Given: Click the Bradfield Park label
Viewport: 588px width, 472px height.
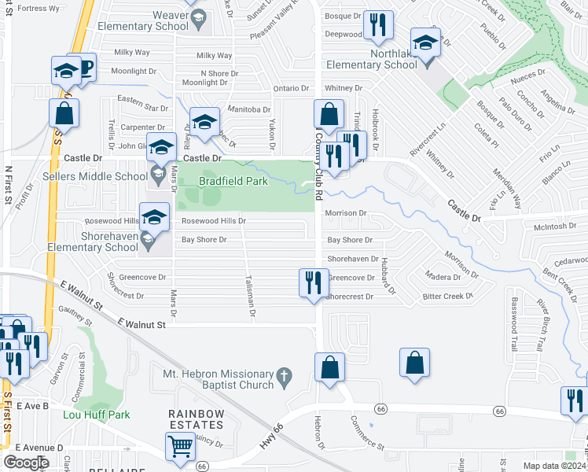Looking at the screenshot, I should [x=233, y=182].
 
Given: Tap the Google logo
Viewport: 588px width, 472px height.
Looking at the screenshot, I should [x=26, y=463].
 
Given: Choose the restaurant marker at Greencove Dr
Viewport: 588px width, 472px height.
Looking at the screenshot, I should [x=313, y=282].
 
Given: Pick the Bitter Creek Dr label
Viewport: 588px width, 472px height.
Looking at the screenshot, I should [x=447, y=297].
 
